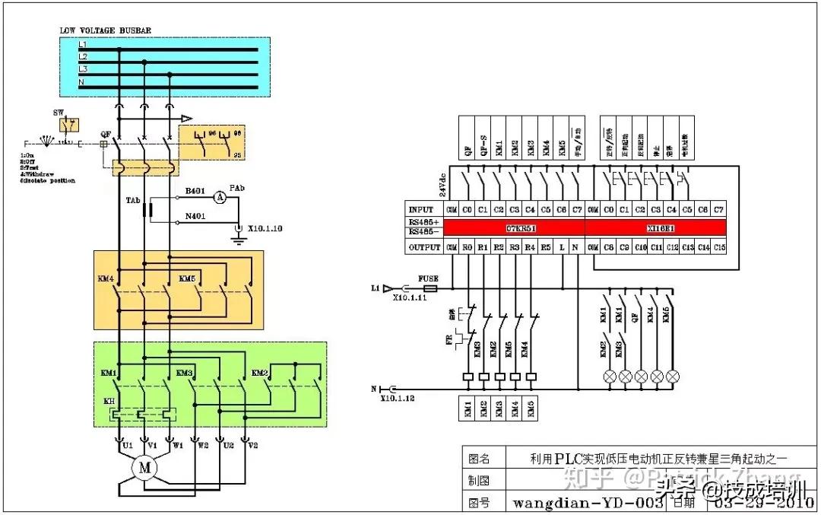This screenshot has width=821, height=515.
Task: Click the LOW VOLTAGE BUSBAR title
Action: click(x=105, y=30)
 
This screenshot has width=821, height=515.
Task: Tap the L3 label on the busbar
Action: click(x=83, y=69)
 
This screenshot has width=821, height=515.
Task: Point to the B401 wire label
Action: click(x=195, y=192)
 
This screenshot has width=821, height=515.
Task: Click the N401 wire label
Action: click(x=195, y=216)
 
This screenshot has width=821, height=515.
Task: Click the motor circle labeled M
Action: click(x=144, y=468)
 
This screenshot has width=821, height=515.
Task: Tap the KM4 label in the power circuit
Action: click(x=106, y=279)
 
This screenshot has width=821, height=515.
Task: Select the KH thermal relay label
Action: click(x=108, y=401)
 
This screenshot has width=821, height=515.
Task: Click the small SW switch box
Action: click(x=70, y=126)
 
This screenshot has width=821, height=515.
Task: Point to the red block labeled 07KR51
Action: click(x=515, y=228)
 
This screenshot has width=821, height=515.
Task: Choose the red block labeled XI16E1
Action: click(x=656, y=228)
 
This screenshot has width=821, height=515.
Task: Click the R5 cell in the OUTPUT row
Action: click(x=546, y=247)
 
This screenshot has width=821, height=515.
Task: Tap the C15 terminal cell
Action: click(x=719, y=247)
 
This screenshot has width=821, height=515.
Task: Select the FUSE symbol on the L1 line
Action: click(x=430, y=289)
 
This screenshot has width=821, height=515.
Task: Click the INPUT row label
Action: click(x=420, y=209)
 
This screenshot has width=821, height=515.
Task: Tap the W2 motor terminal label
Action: click(x=196, y=446)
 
